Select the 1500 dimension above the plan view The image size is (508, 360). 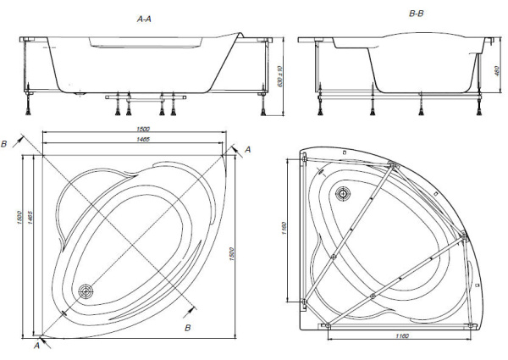(x=133, y=130)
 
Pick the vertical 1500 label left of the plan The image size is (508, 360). (x=17, y=219)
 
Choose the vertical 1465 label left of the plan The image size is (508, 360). (x=30, y=219)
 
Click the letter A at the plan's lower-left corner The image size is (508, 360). (x=37, y=345)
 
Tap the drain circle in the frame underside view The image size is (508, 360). (x=342, y=193)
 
